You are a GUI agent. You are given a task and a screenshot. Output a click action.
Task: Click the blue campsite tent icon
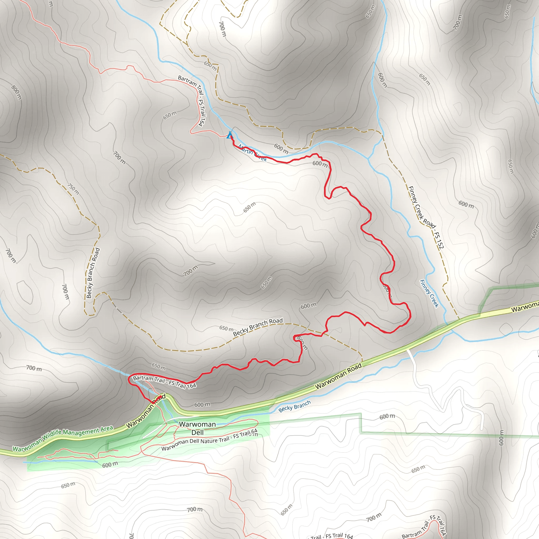coord(229,136)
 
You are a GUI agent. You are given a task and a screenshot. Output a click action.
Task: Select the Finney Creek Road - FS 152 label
coord(426,217)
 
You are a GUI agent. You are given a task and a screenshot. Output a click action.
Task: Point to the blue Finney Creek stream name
coord(429,293)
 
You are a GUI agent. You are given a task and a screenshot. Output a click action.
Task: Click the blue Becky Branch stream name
coord(294,406)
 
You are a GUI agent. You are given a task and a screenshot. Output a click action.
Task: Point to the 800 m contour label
coord(16,92)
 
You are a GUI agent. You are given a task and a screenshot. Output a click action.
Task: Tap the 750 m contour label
coord(73,189)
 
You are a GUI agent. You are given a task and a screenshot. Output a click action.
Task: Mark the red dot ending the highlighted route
coord(159,397)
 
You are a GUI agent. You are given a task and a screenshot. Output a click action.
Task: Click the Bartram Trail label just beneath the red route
coord(164,382)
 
